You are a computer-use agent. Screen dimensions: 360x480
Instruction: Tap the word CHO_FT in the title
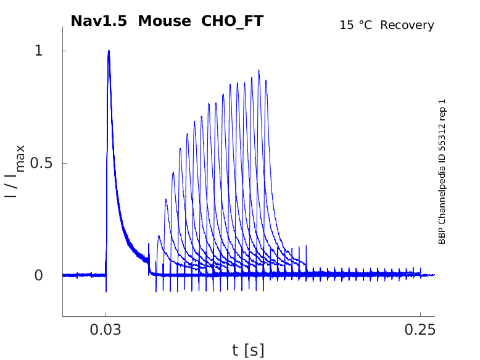(233, 21)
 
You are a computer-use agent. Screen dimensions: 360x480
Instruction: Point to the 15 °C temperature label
(357, 25)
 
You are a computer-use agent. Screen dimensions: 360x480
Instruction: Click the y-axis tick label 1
(38, 51)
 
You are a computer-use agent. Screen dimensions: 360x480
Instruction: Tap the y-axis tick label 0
(38, 275)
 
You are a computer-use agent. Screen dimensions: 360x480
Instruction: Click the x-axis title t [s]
(248, 351)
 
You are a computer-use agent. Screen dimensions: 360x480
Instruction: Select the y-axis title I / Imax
(15, 171)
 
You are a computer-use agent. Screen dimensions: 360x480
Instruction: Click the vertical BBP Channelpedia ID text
(442, 171)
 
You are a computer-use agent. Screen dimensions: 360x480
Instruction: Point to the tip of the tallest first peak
(109, 51)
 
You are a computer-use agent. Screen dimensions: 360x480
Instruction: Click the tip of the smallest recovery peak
(159, 236)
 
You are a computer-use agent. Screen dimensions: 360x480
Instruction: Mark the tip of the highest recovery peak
(259, 70)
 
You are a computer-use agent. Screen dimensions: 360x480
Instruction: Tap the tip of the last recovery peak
(266, 80)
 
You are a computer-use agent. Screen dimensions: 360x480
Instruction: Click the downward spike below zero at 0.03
(106, 290)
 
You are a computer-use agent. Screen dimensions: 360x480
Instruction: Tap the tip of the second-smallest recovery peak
(166, 199)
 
